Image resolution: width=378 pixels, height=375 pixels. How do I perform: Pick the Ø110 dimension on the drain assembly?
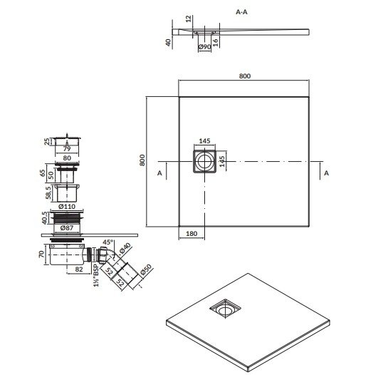tap(68, 207)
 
